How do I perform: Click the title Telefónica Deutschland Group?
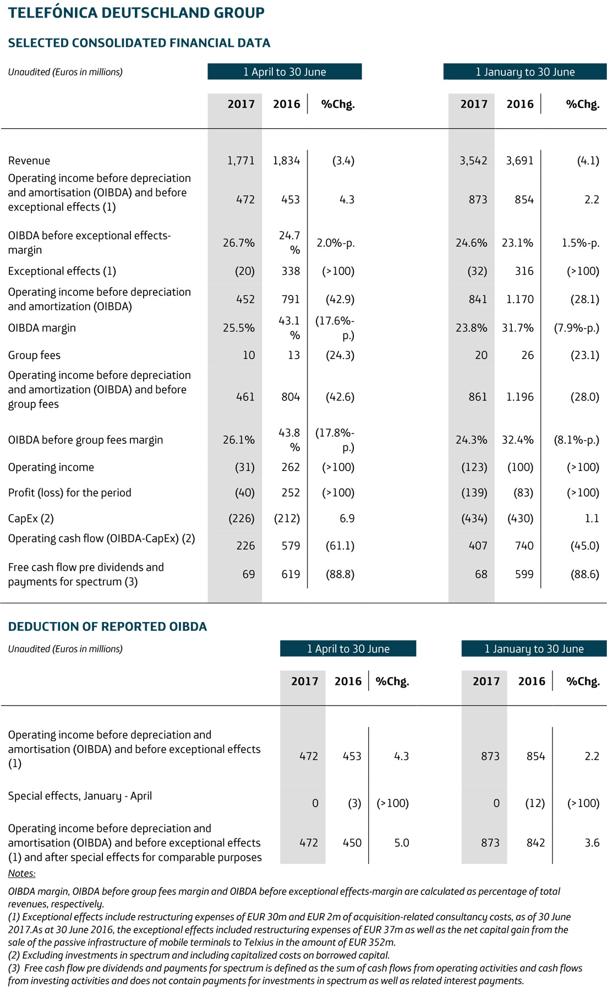(x=136, y=13)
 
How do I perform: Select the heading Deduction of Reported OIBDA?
(x=107, y=626)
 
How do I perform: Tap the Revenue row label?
(x=29, y=161)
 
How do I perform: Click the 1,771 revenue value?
(x=240, y=161)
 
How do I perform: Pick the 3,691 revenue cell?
(x=519, y=161)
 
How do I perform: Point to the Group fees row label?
(x=34, y=355)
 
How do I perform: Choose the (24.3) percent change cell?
(x=340, y=355)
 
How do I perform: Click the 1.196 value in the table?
(x=519, y=397)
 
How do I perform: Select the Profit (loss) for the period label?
(x=69, y=493)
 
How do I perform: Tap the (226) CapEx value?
(x=241, y=518)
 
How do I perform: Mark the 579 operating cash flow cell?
(x=290, y=546)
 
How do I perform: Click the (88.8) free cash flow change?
(x=340, y=574)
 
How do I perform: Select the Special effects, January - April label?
(x=80, y=796)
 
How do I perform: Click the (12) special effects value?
(x=534, y=803)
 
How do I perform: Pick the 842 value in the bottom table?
(x=535, y=843)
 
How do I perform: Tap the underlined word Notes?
(x=21, y=873)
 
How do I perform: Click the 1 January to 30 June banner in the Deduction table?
(x=534, y=649)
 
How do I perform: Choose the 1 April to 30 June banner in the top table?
(x=285, y=72)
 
